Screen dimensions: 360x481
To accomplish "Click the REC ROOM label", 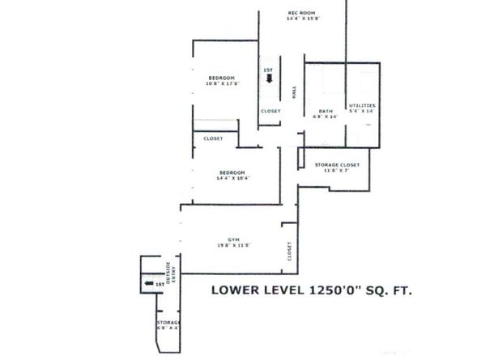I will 300,13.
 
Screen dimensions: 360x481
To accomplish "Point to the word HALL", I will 294,93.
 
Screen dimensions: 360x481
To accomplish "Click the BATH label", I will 326,111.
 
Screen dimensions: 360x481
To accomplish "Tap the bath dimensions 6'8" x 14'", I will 326,117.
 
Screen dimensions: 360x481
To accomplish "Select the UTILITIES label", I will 361,106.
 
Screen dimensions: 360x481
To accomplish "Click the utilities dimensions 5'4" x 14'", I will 361,112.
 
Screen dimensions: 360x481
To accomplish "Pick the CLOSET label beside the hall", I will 270,111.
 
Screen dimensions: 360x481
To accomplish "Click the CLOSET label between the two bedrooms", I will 214,138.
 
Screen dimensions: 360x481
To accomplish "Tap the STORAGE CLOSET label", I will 336,165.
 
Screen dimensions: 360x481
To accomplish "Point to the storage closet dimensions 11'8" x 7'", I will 336,172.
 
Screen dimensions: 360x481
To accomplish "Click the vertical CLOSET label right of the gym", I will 289,252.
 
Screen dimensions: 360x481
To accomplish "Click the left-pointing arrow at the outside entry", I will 149,284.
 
